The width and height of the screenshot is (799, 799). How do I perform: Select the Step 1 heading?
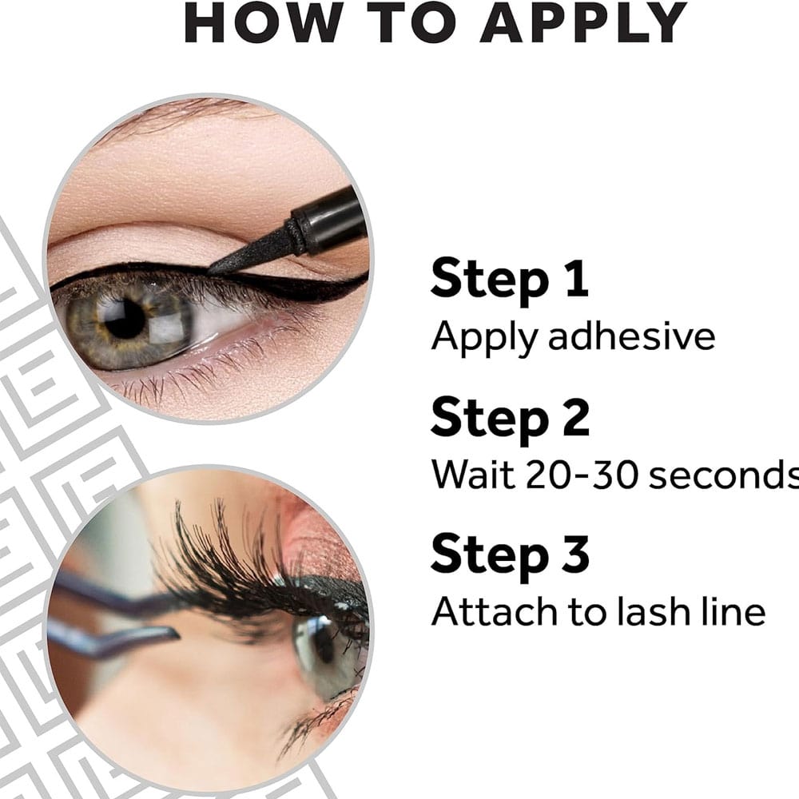pyautogui.click(x=510, y=279)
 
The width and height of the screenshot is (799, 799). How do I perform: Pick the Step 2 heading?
pyautogui.click(x=510, y=418)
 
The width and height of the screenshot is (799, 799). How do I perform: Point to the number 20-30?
pyautogui.click(x=582, y=475)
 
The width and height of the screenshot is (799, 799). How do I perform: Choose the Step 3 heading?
pyautogui.click(x=510, y=555)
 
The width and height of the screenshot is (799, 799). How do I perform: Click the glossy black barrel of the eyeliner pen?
pyautogui.click(x=332, y=219)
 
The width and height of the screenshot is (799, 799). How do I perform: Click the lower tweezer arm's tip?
pyautogui.click(x=175, y=634)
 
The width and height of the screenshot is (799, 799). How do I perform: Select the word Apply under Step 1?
pyautogui.click(x=485, y=338)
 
